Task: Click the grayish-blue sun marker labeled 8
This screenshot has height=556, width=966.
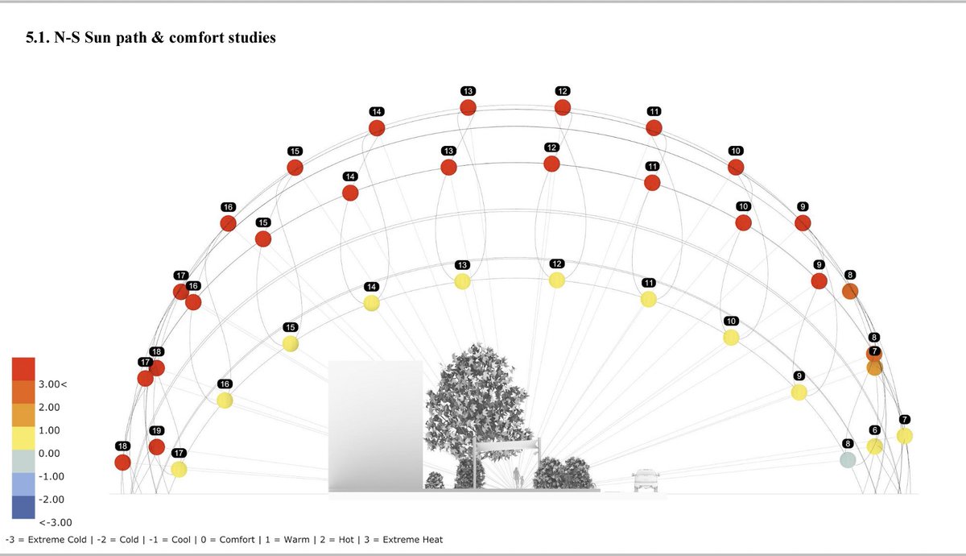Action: (x=847, y=460)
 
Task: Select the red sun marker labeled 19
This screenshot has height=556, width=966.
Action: (x=156, y=446)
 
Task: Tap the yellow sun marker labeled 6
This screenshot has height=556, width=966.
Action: (x=874, y=446)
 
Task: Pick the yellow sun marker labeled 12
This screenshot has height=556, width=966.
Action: (x=556, y=280)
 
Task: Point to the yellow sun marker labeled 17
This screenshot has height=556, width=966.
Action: (x=179, y=469)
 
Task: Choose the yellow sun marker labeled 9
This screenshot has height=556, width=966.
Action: (x=799, y=392)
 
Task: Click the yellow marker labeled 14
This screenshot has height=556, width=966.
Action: (x=371, y=303)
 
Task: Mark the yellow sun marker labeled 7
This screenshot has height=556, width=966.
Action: (x=905, y=436)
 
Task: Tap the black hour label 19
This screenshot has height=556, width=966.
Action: (x=156, y=430)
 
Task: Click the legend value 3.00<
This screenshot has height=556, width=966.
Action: (x=52, y=384)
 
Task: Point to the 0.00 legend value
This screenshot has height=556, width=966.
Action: (x=49, y=454)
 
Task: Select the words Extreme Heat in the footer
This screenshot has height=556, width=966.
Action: (x=413, y=539)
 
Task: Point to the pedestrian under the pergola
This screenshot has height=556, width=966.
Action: (x=516, y=478)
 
